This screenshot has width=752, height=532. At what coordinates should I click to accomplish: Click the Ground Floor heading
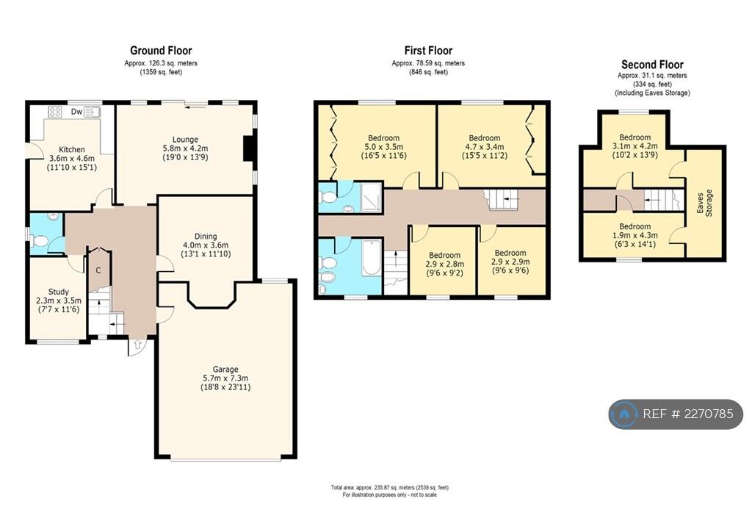click(161, 51)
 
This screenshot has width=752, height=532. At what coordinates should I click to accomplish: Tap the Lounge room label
click(185, 140)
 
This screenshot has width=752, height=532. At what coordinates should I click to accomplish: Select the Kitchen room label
click(72, 150)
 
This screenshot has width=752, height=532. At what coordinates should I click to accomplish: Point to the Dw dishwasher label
click(76, 112)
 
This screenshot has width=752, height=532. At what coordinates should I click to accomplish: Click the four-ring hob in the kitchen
click(55, 112)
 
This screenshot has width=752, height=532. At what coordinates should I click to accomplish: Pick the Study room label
click(59, 292)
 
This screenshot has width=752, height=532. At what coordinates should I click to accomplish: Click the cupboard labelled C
click(98, 270)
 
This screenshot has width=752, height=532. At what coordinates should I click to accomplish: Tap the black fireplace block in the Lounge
click(248, 148)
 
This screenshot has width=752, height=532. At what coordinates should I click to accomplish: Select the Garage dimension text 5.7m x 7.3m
click(225, 378)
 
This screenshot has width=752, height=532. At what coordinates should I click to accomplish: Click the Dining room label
click(206, 236)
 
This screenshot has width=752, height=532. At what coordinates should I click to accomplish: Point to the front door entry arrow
click(138, 344)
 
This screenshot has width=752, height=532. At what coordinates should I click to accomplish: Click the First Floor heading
click(428, 51)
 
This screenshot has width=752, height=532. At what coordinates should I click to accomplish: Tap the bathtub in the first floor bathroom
click(372, 258)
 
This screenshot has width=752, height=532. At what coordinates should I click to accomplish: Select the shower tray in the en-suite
click(371, 197)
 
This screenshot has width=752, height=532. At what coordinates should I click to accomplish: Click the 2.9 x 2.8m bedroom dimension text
click(444, 264)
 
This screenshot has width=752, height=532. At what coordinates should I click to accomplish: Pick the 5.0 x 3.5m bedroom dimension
click(383, 147)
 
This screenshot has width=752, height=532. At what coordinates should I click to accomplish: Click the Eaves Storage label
click(704, 202)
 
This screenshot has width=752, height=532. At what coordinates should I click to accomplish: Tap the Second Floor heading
click(652, 64)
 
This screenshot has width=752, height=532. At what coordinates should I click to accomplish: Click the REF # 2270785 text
click(687, 414)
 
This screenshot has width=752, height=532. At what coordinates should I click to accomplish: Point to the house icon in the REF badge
click(624, 414)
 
